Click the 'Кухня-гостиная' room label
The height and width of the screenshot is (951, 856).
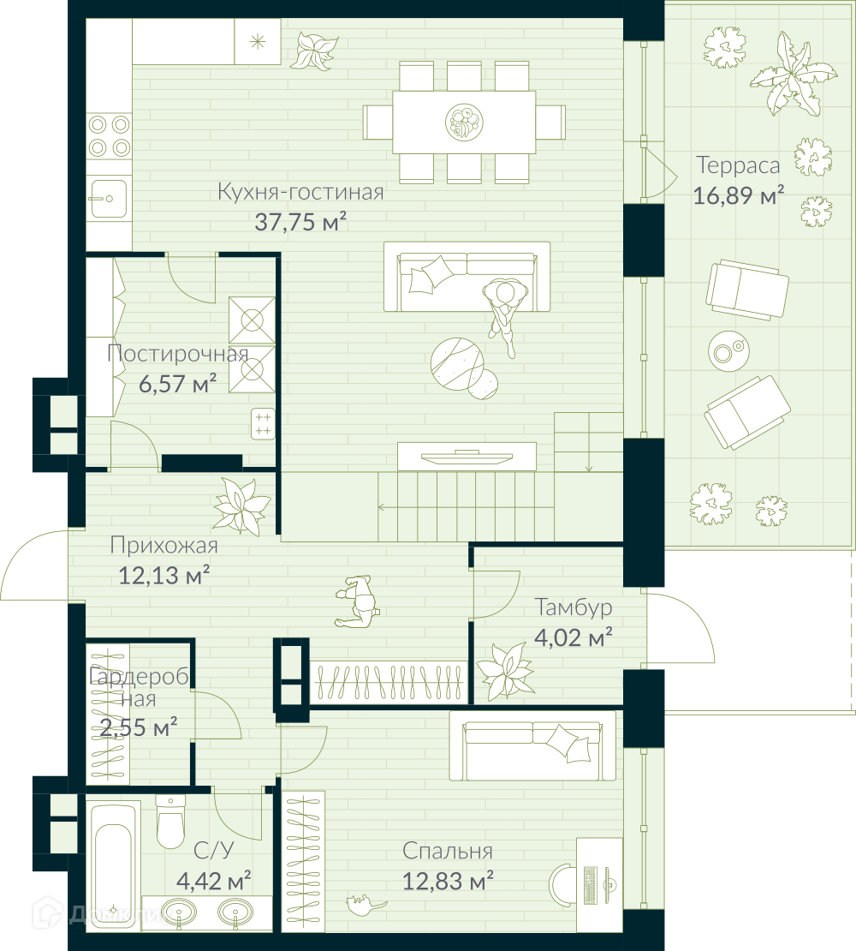(300, 192)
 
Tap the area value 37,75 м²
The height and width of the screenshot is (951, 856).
(300, 222)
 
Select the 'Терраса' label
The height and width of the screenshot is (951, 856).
(738, 165)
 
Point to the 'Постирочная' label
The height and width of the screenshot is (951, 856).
(177, 353)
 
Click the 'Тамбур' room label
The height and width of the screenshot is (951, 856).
(573, 607)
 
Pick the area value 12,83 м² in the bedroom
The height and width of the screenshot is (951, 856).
(448, 881)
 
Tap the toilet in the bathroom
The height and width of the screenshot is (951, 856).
(170, 822)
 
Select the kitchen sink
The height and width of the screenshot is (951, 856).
(109, 198)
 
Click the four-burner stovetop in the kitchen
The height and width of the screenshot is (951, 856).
(109, 136)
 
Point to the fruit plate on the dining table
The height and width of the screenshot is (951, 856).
(464, 122)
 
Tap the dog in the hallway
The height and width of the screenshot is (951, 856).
(358, 601)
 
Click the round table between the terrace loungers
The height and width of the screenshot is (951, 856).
(728, 351)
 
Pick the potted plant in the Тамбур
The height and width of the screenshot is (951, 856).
(505, 670)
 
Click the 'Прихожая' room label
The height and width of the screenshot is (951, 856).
(164, 545)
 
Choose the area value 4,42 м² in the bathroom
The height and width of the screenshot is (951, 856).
(214, 881)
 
